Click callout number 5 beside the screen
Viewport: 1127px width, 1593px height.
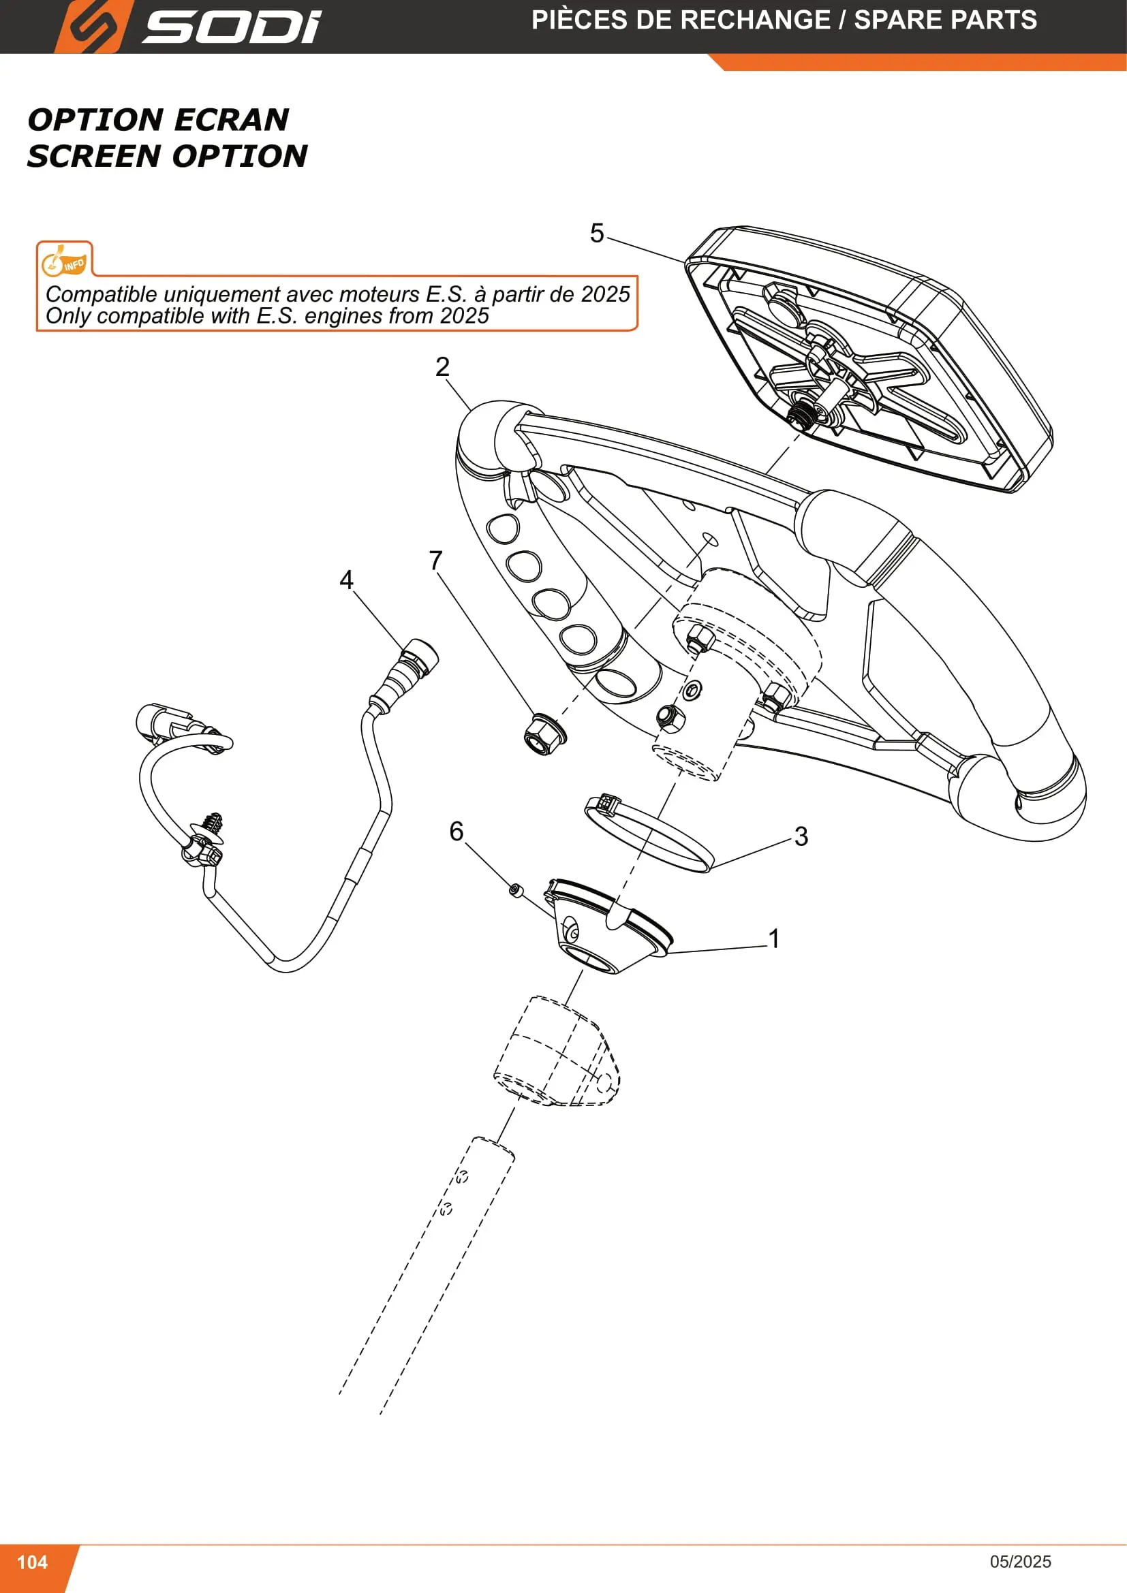coord(597,233)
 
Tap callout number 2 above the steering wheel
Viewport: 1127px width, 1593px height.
coord(442,367)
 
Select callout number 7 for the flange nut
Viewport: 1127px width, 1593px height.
coord(436,560)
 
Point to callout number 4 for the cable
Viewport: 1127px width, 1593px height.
coord(346,580)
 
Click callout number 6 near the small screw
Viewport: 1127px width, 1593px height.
coord(456,831)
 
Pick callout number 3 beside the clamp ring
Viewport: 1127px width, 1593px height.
coord(801,837)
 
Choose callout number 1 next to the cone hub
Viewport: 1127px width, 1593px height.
coord(775,939)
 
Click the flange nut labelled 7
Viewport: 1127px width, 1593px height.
coord(544,735)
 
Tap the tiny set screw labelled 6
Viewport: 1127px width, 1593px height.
coord(516,889)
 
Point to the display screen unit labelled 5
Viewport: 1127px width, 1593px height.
coord(868,359)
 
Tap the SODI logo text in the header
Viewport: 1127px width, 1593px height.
coord(232,27)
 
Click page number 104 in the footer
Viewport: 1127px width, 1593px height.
coord(32,1562)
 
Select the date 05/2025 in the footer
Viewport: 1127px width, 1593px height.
coord(1020,1561)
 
